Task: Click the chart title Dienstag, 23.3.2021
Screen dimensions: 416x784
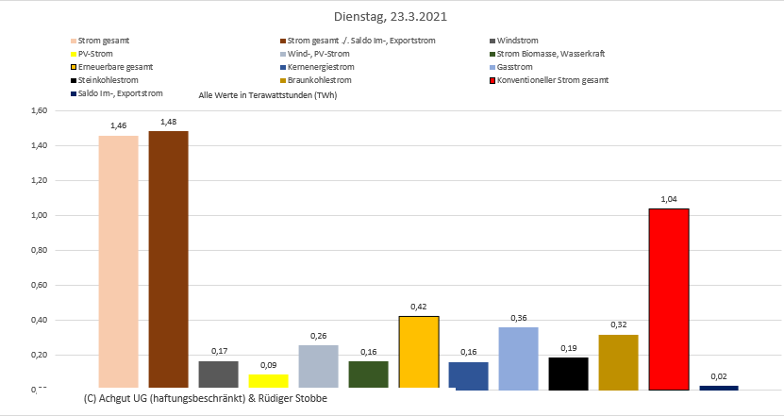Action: click(x=391, y=16)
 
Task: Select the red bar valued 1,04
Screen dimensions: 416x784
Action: click(x=668, y=298)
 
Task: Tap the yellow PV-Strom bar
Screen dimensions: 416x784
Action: click(x=268, y=381)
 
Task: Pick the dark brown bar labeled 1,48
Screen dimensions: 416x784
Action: click(x=168, y=259)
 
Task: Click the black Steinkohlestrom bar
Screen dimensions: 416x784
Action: click(x=568, y=373)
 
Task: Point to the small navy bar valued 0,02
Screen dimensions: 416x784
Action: click(x=718, y=387)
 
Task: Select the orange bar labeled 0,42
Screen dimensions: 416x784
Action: click(x=418, y=352)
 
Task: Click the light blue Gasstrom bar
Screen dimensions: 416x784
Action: click(x=518, y=358)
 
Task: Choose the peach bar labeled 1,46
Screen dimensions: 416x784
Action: click(x=118, y=261)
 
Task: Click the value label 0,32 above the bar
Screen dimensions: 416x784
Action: click(x=618, y=324)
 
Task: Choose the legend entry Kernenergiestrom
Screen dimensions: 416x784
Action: click(x=322, y=68)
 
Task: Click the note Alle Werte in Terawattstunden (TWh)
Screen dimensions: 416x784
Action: click(x=268, y=95)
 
